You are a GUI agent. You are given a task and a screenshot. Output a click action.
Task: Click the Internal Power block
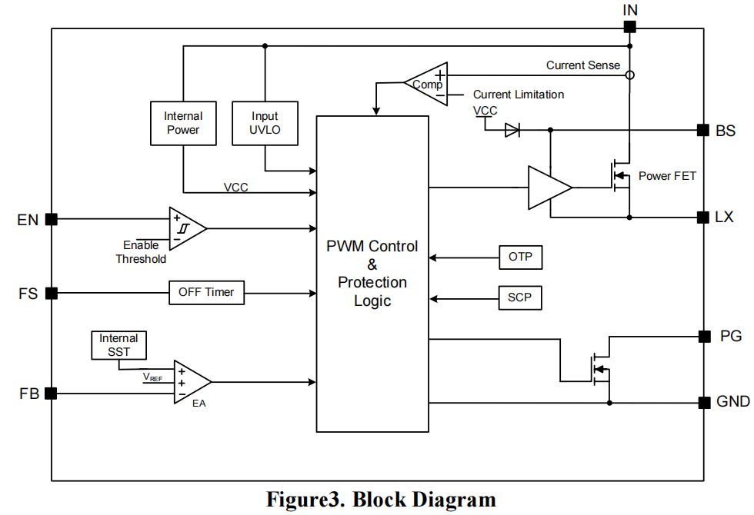click(x=183, y=123)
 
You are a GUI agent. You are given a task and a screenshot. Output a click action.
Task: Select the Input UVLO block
click(x=265, y=123)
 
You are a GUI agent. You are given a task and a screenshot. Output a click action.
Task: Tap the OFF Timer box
click(x=206, y=293)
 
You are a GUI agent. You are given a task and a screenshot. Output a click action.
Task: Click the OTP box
click(x=520, y=257)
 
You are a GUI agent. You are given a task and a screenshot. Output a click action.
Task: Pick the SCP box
click(x=520, y=297)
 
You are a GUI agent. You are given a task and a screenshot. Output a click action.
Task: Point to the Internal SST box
click(x=118, y=345)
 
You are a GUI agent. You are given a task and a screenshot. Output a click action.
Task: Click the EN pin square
click(x=52, y=219)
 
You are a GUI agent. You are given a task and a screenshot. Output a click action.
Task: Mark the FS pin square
click(x=52, y=293)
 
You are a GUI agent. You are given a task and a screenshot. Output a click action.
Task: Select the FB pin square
click(x=52, y=394)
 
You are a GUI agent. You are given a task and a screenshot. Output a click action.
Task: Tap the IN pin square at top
click(x=629, y=27)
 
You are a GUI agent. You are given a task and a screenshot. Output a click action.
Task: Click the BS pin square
click(x=702, y=131)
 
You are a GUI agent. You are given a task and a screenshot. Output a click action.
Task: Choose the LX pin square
click(x=702, y=218)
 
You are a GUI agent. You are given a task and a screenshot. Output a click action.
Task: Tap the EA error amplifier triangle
click(x=189, y=382)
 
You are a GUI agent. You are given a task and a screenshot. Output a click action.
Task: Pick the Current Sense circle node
click(x=629, y=75)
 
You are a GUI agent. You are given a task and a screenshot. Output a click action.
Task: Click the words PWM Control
click(x=372, y=247)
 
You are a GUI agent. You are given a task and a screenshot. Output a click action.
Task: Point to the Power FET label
click(x=667, y=176)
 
